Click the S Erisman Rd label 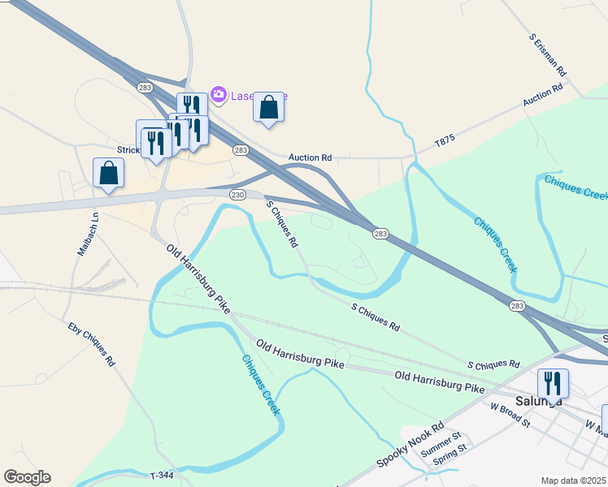(x=547, y=55)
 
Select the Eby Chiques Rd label (x=90, y=344)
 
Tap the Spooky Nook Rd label (x=410, y=446)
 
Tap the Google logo (x=27, y=477)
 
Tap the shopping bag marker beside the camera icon (x=268, y=108)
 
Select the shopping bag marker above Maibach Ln (x=109, y=174)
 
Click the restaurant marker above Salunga (x=553, y=383)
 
